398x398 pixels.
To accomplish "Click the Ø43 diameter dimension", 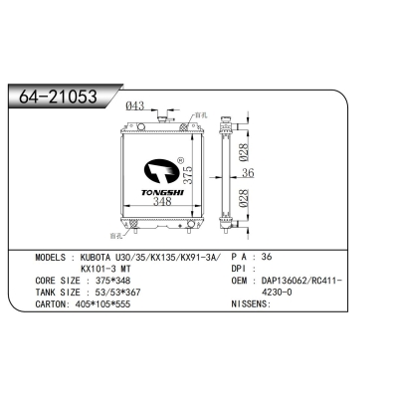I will [136, 106].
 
